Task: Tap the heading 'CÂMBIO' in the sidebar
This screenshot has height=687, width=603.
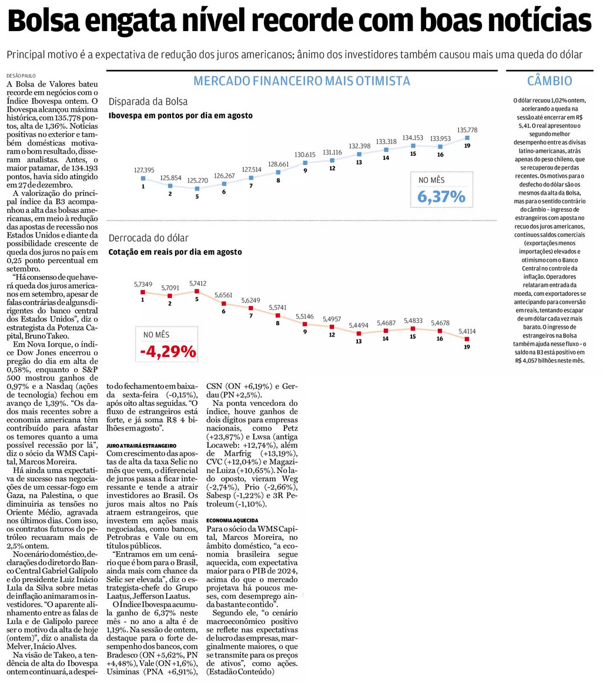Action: (x=550, y=81)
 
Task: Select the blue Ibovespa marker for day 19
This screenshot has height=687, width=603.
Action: (x=467, y=138)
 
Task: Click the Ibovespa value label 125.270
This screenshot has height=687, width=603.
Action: (x=197, y=180)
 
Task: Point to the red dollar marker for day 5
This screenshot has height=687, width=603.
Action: (x=197, y=291)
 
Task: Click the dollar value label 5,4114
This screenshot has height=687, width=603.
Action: (x=467, y=331)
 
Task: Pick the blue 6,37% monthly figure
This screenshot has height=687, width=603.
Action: (x=441, y=196)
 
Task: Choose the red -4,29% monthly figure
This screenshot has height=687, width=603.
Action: (x=168, y=352)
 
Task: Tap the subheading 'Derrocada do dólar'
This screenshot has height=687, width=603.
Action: (x=148, y=238)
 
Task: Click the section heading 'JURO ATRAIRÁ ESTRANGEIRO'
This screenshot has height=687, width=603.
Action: (x=141, y=447)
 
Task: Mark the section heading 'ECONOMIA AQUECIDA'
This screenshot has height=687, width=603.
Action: (x=233, y=521)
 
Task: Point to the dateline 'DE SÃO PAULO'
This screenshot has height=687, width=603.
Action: (x=21, y=76)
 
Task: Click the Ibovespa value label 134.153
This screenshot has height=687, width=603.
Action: (x=413, y=138)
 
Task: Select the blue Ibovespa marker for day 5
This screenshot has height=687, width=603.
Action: (x=197, y=189)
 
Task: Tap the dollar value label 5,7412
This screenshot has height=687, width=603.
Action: (x=197, y=283)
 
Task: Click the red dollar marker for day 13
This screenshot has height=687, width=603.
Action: (x=359, y=333)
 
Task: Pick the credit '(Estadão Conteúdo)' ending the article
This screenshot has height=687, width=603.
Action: (x=240, y=671)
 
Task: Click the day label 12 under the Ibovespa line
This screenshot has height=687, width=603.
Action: (x=332, y=168)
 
